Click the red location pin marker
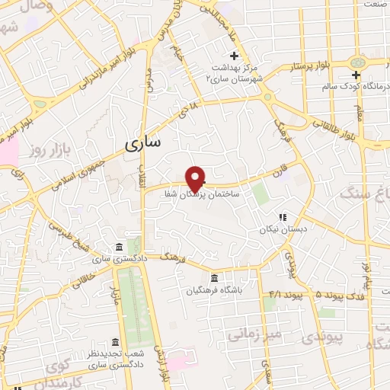(x=196, y=178)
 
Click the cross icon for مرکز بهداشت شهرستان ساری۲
(x=235, y=56)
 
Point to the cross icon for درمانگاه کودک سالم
(x=356, y=75)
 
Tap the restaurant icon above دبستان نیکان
(x=282, y=217)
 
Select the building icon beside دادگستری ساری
(x=119, y=247)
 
